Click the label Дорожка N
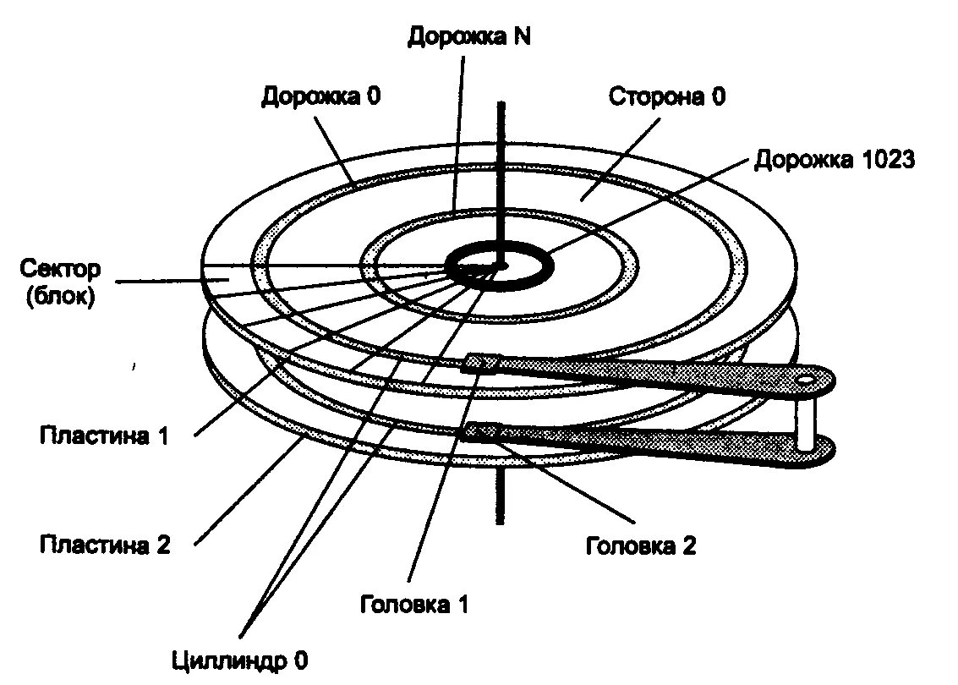click(x=468, y=36)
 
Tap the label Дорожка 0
click(x=320, y=96)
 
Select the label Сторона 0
click(x=667, y=96)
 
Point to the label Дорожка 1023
click(x=835, y=160)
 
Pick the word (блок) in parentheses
click(x=61, y=297)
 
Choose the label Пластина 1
click(x=105, y=436)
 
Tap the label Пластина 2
click(x=105, y=544)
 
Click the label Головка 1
click(x=413, y=605)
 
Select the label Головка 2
click(x=641, y=545)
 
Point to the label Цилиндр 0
click(x=239, y=660)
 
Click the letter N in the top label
click(x=522, y=36)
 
